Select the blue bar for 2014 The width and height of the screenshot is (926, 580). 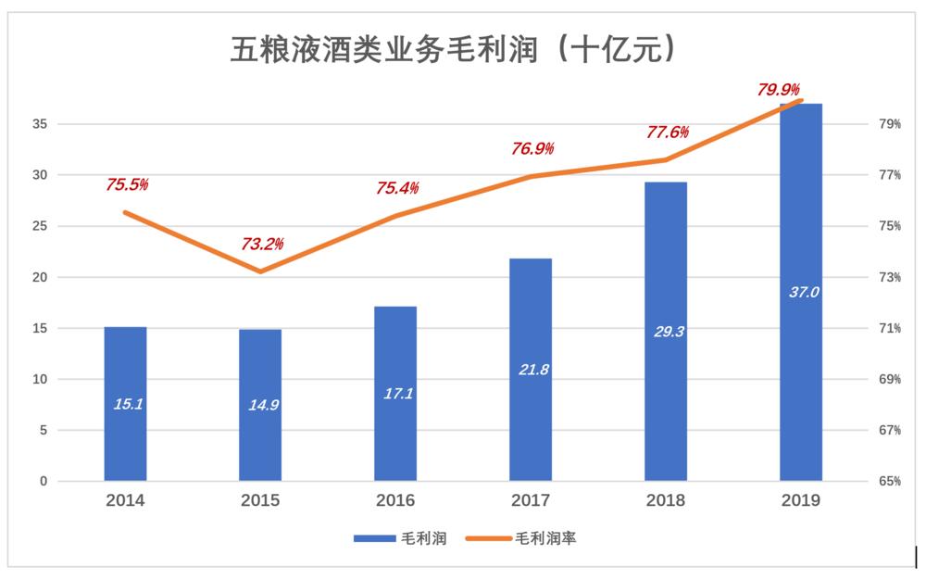coord(125,403)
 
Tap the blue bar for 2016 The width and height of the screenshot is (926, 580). coord(395,393)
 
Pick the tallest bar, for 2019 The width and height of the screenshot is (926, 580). coord(801,292)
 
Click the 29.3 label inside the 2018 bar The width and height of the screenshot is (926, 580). coord(666,331)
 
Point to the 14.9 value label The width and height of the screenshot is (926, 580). coord(260,404)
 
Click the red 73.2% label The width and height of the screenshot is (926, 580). coord(263,245)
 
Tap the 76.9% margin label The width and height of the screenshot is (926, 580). coord(532,148)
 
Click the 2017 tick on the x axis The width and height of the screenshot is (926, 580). coord(531,500)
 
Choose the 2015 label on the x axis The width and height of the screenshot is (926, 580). coord(260,500)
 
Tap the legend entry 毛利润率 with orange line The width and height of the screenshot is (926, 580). coord(519,537)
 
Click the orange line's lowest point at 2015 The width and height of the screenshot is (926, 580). coord(260,271)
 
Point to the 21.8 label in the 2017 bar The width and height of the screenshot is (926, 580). coord(531,369)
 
